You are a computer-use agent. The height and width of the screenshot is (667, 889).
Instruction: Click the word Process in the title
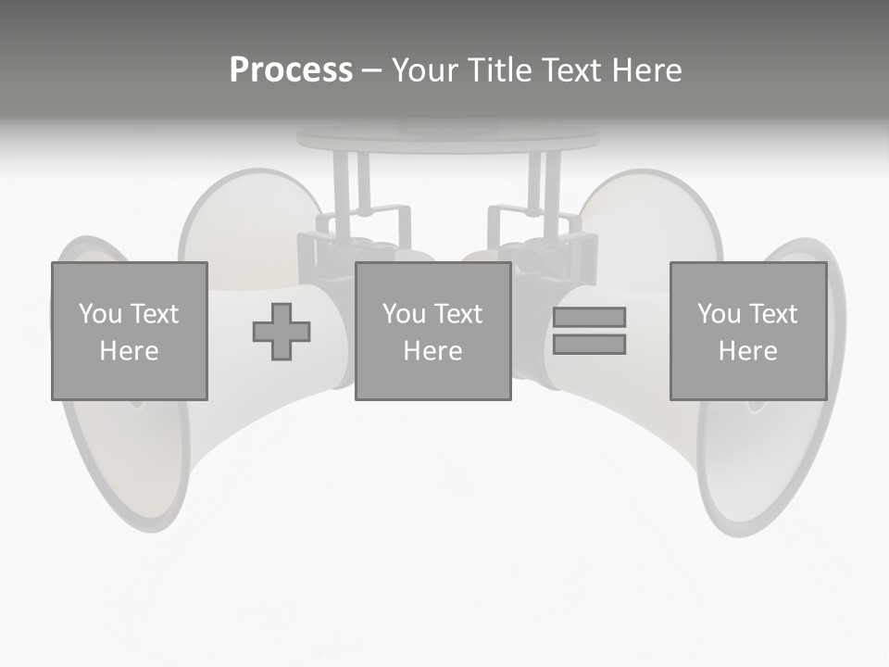coord(291,70)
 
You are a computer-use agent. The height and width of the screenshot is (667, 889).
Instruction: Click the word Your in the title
coord(427,70)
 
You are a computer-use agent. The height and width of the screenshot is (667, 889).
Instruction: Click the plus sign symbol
coord(282,332)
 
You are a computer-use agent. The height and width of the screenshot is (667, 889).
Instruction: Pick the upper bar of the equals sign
coord(589,317)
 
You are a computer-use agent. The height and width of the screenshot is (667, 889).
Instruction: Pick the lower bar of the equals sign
coord(589,345)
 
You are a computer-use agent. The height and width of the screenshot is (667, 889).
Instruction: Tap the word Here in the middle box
coord(432,351)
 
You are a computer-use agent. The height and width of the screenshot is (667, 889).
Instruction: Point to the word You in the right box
coord(719,314)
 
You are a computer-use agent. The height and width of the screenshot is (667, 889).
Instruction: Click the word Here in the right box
coord(747,351)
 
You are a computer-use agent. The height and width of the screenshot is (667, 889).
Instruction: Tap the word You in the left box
coord(100,314)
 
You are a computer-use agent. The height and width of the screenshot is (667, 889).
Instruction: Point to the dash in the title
coord(371,70)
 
